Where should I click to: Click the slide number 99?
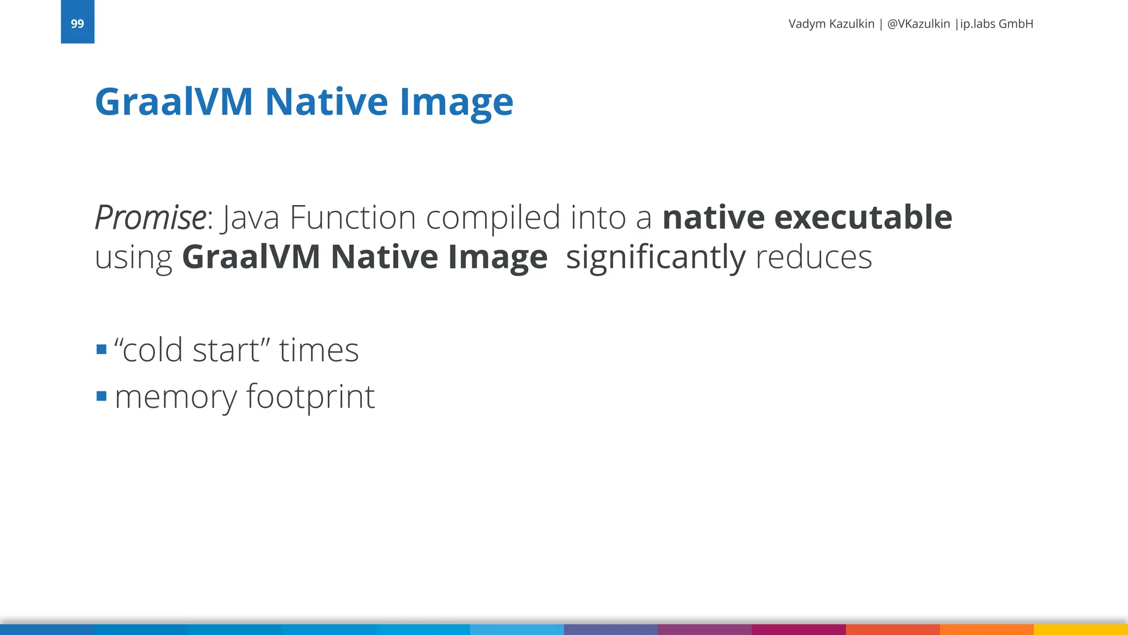pos(77,24)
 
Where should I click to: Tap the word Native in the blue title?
pos(327,102)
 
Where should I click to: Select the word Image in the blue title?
pos(456,103)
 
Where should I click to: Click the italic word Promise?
pos(150,218)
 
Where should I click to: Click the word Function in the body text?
pos(352,217)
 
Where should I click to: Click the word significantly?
pos(655,257)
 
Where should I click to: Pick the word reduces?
pos(814,257)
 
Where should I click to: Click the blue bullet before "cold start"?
pos(101,349)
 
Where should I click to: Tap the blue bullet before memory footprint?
pos(101,396)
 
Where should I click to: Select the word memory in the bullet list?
pos(176,397)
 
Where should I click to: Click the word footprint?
pos(310,397)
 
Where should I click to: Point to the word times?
pos(319,350)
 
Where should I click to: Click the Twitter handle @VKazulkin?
pos(918,24)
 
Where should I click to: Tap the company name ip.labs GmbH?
pos(996,24)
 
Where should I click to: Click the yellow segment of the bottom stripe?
pos(1081,629)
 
